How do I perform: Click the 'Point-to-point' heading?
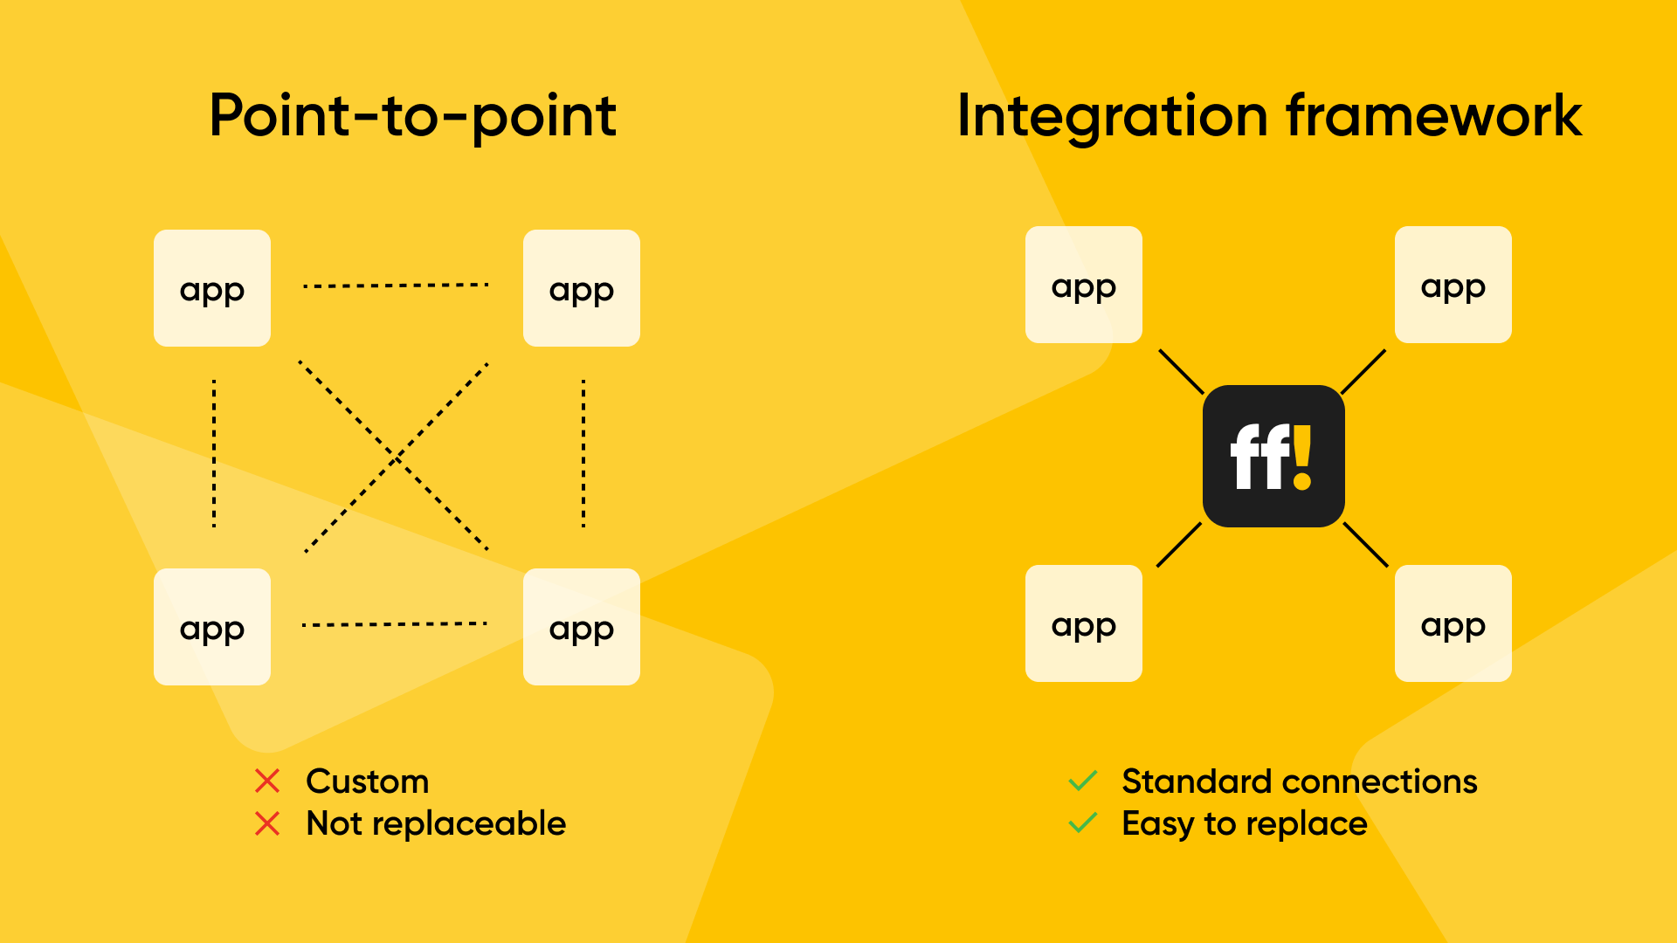tap(413, 116)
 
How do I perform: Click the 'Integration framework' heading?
tap(1269, 116)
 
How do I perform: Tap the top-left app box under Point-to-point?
tap(212, 288)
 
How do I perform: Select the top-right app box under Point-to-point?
tap(582, 288)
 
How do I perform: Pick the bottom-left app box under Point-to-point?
tap(212, 627)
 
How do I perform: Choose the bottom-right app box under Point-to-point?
tap(582, 627)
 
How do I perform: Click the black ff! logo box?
tap(1273, 456)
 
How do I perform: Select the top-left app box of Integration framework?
tap(1084, 285)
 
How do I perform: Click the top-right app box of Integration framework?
tap(1453, 285)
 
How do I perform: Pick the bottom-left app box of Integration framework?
tap(1084, 623)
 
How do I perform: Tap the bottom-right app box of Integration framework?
tap(1453, 623)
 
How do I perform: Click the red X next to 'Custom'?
tap(267, 781)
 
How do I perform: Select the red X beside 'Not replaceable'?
tap(267, 823)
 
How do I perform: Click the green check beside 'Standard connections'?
tap(1083, 781)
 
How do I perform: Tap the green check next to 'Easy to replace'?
tap(1083, 823)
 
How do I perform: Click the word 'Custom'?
tap(368, 781)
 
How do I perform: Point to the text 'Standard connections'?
tap(1300, 781)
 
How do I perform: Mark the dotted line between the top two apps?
tap(396, 286)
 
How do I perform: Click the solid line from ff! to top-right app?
tap(1363, 372)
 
